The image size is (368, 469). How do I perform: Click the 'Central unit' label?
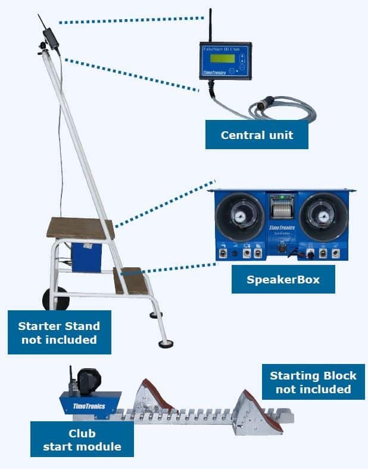point(257,135)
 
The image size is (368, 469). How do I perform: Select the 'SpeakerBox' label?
point(283,279)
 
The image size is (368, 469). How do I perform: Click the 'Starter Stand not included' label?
point(59,333)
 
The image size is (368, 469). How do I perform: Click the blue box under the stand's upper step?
point(86,257)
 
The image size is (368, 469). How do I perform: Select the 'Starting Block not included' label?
point(313,382)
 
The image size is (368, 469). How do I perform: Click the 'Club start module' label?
point(82,439)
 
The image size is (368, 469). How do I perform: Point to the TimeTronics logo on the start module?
point(89,406)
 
